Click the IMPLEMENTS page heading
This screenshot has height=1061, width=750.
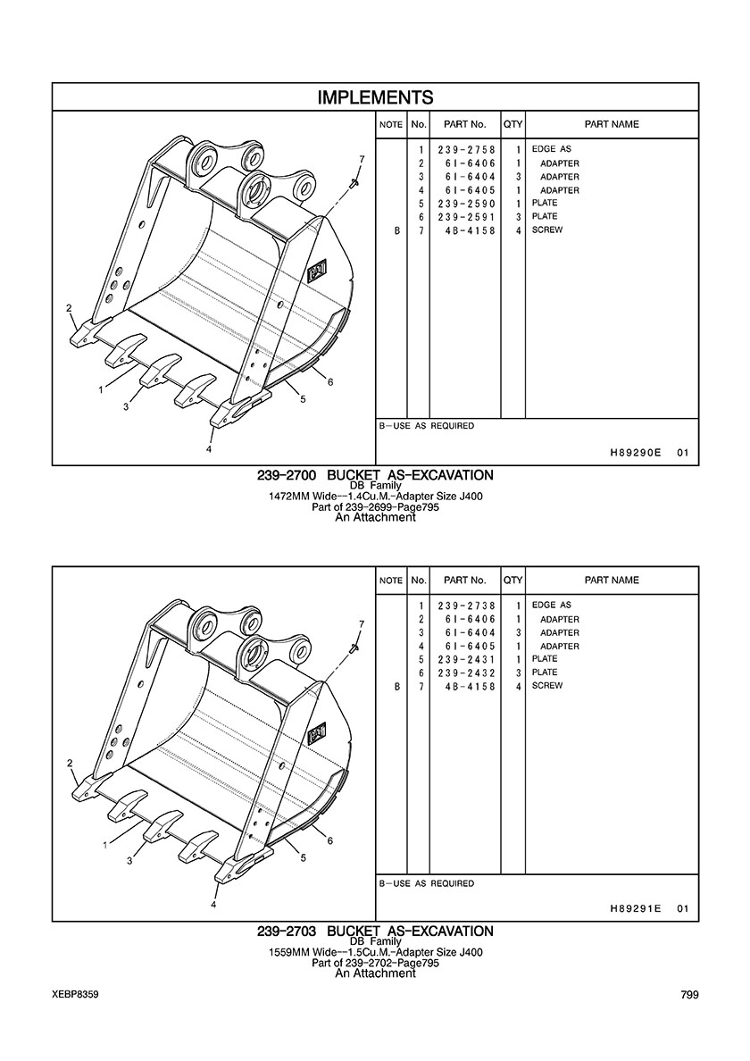coord(375,97)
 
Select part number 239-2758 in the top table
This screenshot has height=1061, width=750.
coord(466,149)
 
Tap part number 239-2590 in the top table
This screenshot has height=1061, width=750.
coord(466,204)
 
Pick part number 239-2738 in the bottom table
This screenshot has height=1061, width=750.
coord(466,606)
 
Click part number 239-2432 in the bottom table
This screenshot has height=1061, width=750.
coord(466,673)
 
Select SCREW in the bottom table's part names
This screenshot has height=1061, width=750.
coord(547,686)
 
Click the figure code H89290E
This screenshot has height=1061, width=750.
coord(635,454)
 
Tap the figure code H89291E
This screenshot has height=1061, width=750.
coord(635,909)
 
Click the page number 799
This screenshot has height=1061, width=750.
coord(689,995)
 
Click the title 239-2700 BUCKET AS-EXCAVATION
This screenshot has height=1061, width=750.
coord(375,475)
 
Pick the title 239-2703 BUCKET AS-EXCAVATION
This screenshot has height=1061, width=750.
coord(375,932)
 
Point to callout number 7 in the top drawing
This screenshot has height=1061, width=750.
coord(362,159)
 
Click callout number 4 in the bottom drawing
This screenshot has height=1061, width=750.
coord(213,904)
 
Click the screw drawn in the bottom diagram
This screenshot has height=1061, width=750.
coord(353,649)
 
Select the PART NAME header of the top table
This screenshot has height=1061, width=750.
coord(612,124)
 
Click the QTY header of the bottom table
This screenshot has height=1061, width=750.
coord(512,580)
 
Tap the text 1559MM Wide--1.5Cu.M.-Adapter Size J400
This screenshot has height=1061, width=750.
coord(375,952)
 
